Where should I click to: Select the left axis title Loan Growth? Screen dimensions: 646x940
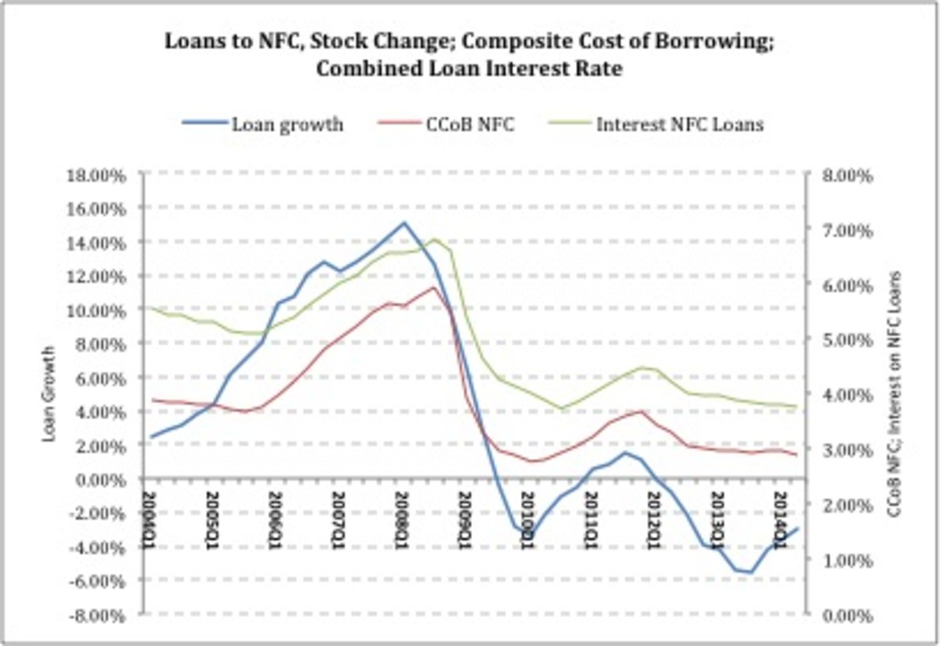click(49, 394)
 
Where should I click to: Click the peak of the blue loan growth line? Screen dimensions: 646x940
click(403, 223)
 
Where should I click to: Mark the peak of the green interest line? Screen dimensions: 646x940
click(435, 239)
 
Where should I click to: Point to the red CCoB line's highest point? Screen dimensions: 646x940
click(433, 288)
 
